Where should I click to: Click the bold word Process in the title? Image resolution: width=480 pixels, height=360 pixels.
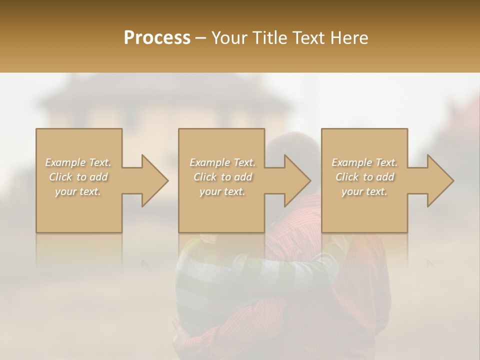(x=157, y=38)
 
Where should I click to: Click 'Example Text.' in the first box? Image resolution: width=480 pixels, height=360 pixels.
(x=78, y=162)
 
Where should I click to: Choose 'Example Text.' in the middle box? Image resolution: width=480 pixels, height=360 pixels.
(x=222, y=162)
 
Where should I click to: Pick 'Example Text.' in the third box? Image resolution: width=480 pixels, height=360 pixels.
(x=364, y=162)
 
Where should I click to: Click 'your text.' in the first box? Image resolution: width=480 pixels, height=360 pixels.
(x=78, y=191)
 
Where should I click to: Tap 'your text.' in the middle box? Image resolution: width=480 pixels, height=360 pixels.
(x=222, y=191)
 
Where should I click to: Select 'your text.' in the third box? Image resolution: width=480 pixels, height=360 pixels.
(x=364, y=191)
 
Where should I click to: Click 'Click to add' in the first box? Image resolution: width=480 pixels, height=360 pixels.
(x=78, y=177)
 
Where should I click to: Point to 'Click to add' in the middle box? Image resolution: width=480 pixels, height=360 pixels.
(x=222, y=177)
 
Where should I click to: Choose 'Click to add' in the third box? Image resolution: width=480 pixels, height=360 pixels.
(x=364, y=177)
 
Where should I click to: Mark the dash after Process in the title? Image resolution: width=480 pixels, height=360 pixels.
(x=201, y=38)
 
